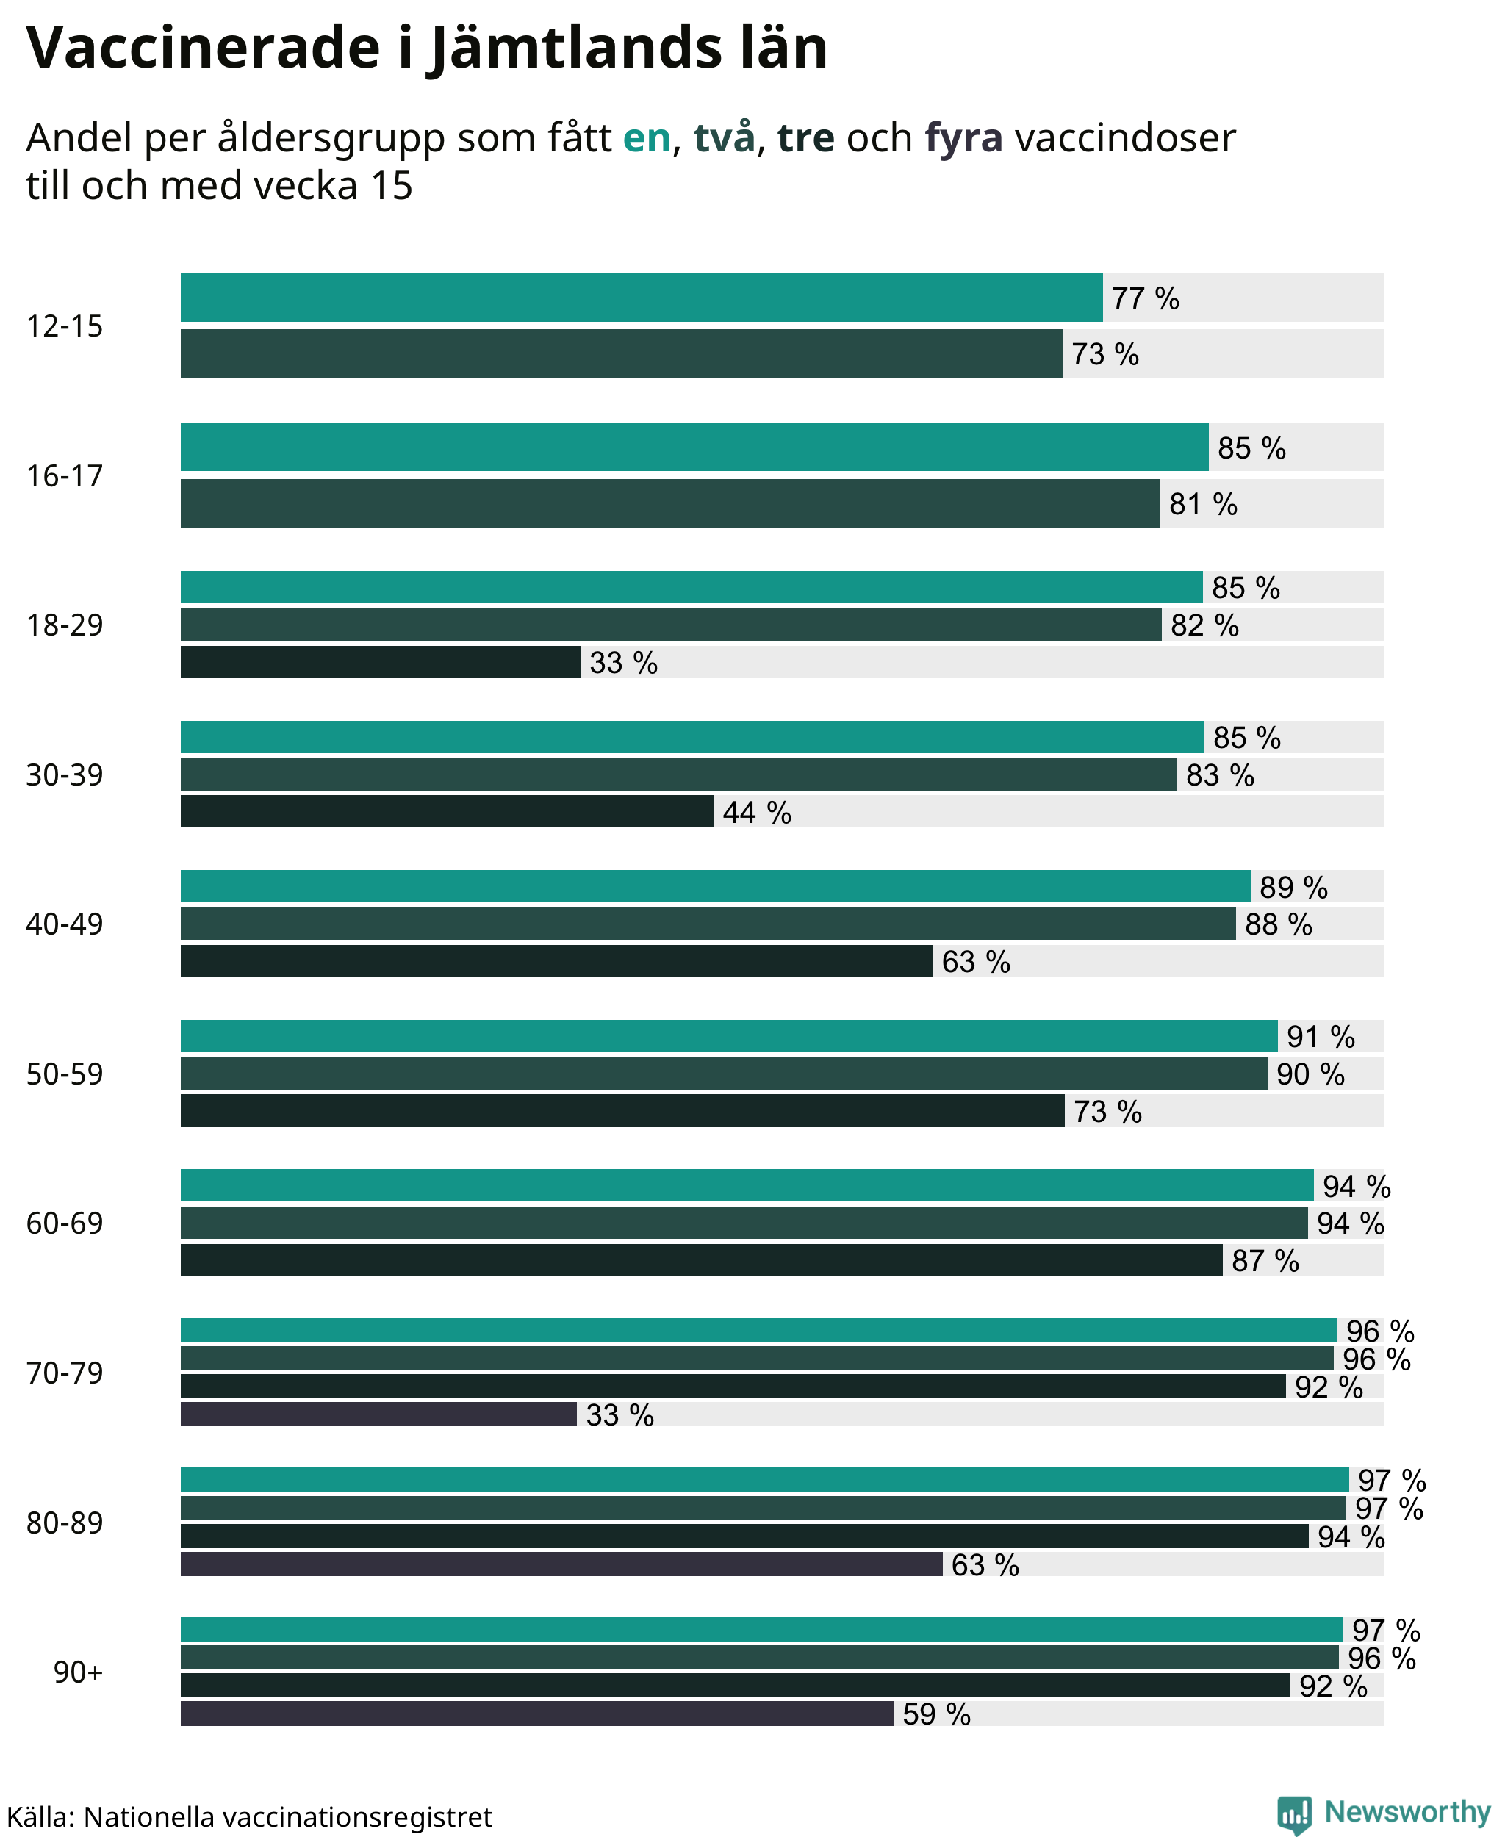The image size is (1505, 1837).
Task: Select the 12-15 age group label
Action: tap(64, 326)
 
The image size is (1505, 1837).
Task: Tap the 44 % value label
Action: tap(757, 812)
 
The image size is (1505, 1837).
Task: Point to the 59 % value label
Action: tap(936, 1714)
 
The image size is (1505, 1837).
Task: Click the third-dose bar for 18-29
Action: tap(381, 662)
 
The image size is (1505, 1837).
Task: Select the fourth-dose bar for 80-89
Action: tap(561, 1564)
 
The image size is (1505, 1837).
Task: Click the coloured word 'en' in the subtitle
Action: tap(647, 138)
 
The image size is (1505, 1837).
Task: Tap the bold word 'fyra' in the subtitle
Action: tap(964, 138)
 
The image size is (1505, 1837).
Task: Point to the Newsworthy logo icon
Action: tap(1294, 1813)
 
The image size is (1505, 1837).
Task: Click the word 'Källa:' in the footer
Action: tap(40, 1816)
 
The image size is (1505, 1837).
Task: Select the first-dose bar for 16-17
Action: tap(694, 447)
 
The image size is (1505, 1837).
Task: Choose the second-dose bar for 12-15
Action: tap(622, 353)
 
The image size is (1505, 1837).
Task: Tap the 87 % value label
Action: tap(1265, 1260)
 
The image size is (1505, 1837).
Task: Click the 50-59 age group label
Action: tap(64, 1074)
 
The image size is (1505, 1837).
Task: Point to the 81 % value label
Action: tap(1203, 503)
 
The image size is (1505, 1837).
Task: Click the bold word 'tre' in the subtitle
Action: tap(805, 138)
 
